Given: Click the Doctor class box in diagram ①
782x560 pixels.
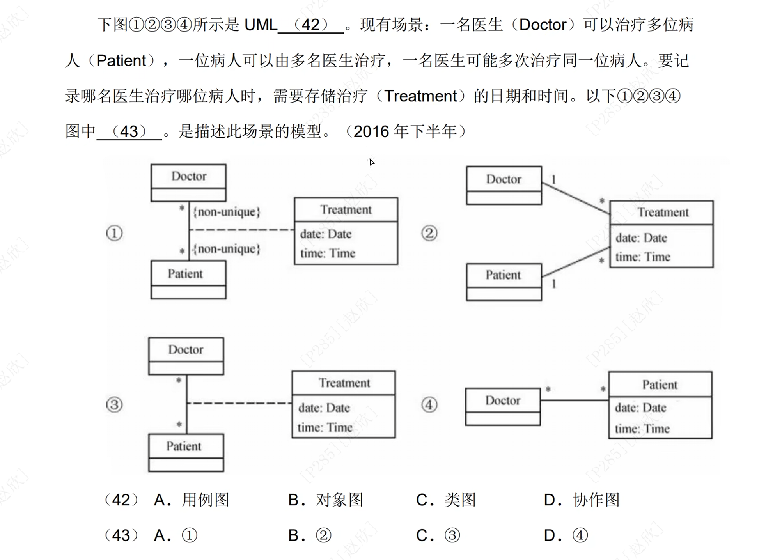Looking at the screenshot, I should click(188, 183).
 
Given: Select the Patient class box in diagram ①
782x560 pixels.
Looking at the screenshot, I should click(188, 279).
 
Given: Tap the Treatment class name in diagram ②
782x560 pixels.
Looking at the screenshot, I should click(663, 213).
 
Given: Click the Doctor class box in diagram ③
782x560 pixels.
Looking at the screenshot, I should click(186, 356).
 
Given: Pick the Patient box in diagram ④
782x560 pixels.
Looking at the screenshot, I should click(660, 405).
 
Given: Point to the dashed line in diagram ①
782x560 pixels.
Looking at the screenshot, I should click(242, 230).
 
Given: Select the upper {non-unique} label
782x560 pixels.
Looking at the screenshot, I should click(227, 212).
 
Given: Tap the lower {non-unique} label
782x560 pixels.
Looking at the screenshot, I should click(227, 249).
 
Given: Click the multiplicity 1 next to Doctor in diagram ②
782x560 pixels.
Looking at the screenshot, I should click(553, 179).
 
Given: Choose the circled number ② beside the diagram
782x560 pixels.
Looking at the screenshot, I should click(429, 233).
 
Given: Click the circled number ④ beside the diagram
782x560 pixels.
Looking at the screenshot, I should click(429, 404).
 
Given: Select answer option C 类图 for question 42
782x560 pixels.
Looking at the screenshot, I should click(446, 500).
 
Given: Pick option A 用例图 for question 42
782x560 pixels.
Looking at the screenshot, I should click(192, 500).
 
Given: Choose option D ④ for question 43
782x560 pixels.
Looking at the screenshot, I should click(566, 535).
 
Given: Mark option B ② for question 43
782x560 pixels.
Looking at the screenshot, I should click(310, 535).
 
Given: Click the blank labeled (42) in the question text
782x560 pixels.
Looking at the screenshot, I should click(311, 25).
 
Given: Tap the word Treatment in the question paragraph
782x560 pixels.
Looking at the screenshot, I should click(420, 96).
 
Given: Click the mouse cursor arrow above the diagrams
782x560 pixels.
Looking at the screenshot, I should click(372, 162).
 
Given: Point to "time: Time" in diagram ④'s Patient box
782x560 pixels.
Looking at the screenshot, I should click(642, 429).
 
